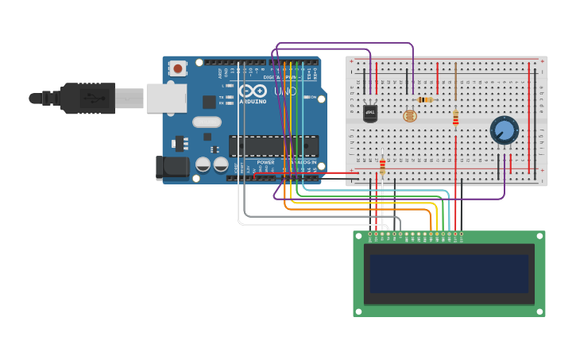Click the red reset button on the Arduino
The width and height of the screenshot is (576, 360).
pyautogui.click(x=177, y=68)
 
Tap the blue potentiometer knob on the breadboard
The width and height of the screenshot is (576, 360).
pyautogui.click(x=504, y=130)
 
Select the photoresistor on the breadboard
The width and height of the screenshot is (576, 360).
pyautogui.click(x=409, y=116)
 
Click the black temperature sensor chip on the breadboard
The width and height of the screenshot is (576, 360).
pyautogui.click(x=370, y=113)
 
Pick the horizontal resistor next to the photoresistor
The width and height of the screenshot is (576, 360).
pyautogui.click(x=425, y=99)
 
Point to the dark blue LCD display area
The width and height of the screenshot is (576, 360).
pyautogui.click(x=449, y=273)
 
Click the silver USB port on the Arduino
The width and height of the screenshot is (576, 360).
pyautogui.click(x=166, y=98)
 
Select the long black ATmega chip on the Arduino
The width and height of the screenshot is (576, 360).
pyautogui.click(x=273, y=145)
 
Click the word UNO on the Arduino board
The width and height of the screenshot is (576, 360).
pyautogui.click(x=285, y=91)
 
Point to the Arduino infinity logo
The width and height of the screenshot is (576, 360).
pyautogui.click(x=259, y=91)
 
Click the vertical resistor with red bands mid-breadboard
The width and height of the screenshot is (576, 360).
pyautogui.click(x=455, y=118)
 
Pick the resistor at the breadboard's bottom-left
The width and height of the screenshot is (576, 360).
pyautogui.click(x=382, y=166)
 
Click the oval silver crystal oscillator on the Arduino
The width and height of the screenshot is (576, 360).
pyautogui.click(x=206, y=122)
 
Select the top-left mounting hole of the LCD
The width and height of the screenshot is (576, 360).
pyautogui.click(x=358, y=235)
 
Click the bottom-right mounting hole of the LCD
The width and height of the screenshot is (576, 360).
pyautogui.click(x=540, y=312)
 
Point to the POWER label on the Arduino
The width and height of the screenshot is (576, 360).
pyautogui.click(x=265, y=162)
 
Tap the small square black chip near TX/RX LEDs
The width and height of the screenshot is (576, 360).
pyautogui.click(x=209, y=102)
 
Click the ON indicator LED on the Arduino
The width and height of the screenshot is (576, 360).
pyautogui.click(x=304, y=98)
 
